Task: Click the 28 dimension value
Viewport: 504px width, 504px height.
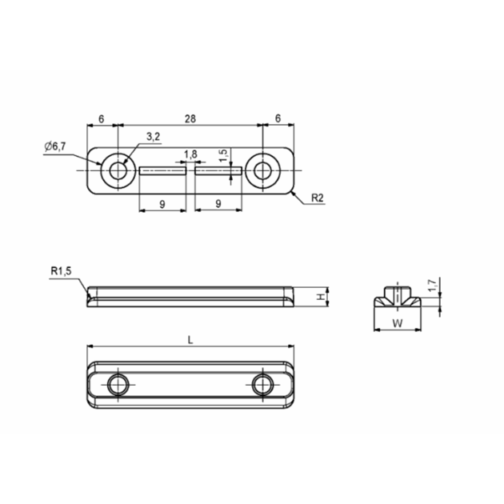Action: click(190, 119)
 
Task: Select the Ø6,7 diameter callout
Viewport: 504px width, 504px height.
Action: click(55, 146)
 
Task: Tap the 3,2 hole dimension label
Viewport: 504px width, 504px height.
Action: click(153, 137)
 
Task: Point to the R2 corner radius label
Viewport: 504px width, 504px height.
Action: click(318, 198)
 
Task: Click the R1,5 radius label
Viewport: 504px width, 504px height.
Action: click(61, 271)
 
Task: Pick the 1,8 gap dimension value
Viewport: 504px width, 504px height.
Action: click(190, 154)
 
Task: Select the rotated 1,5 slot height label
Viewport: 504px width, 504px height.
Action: click(224, 155)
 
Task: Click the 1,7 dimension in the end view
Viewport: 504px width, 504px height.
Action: click(433, 286)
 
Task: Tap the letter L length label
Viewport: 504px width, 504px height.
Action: click(190, 340)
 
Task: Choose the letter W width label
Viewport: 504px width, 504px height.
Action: click(398, 323)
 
